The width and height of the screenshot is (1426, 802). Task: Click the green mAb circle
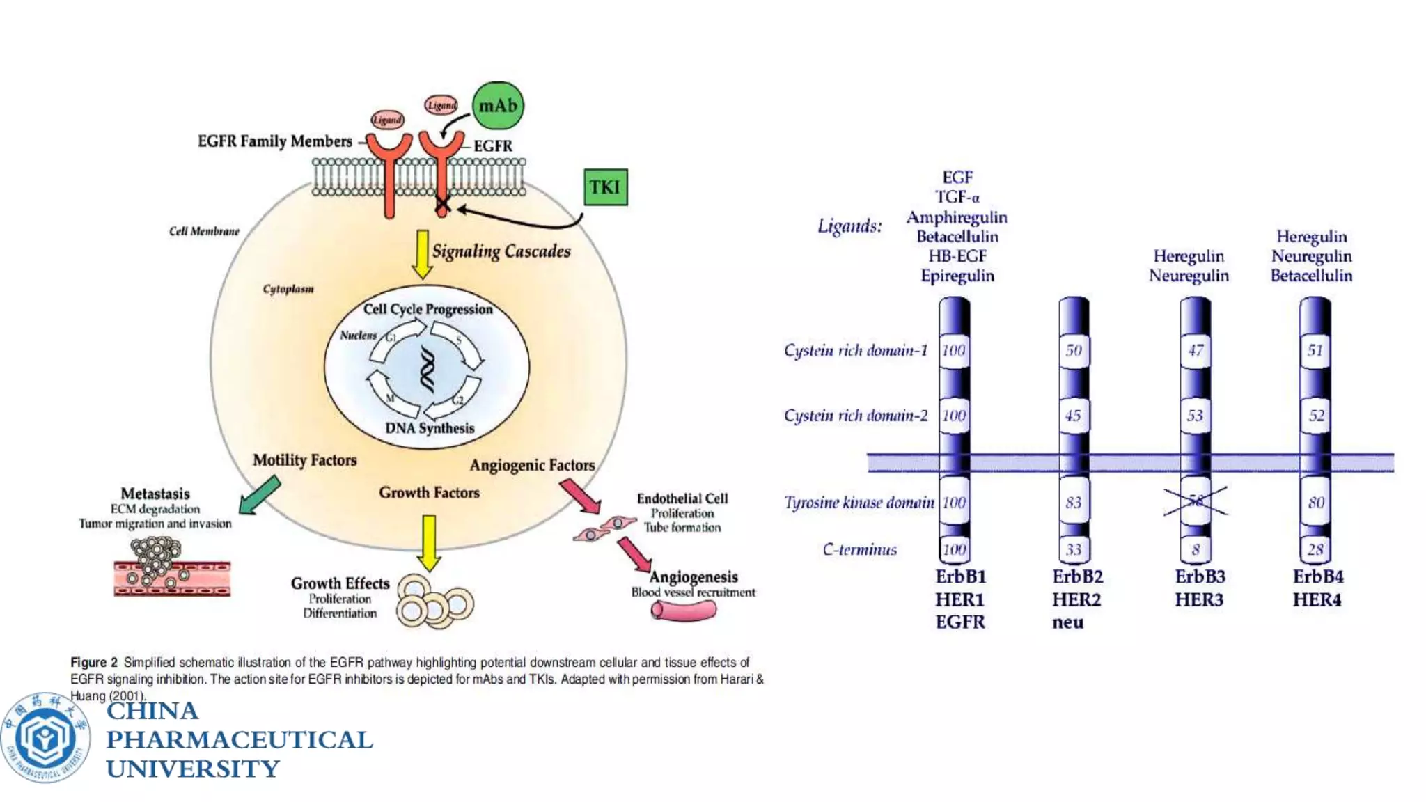(x=498, y=106)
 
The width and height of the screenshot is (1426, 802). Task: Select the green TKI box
(x=605, y=187)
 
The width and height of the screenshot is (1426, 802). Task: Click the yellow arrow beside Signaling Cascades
(x=422, y=253)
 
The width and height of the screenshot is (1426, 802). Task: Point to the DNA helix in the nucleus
(x=427, y=370)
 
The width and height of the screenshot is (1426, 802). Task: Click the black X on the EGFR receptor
(x=442, y=206)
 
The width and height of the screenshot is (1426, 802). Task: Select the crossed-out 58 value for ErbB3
(x=1196, y=502)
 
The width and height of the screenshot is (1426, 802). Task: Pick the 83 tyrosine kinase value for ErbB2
(x=1074, y=502)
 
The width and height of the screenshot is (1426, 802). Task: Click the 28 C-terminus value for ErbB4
(x=1315, y=549)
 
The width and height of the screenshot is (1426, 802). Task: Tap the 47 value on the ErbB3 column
(x=1196, y=350)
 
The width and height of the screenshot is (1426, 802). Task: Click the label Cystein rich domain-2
(x=856, y=416)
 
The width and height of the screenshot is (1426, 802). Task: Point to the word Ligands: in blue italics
(x=849, y=226)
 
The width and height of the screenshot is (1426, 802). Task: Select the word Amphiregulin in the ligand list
(x=957, y=217)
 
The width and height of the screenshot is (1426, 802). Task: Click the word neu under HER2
(x=1067, y=622)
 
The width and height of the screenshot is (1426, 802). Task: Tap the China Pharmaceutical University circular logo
(x=45, y=737)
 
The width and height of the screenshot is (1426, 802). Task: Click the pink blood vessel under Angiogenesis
(x=683, y=611)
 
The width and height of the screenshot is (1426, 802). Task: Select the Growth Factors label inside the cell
(x=429, y=493)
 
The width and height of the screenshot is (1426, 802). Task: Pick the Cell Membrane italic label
(x=204, y=231)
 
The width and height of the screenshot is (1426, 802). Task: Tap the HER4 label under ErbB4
(x=1317, y=599)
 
